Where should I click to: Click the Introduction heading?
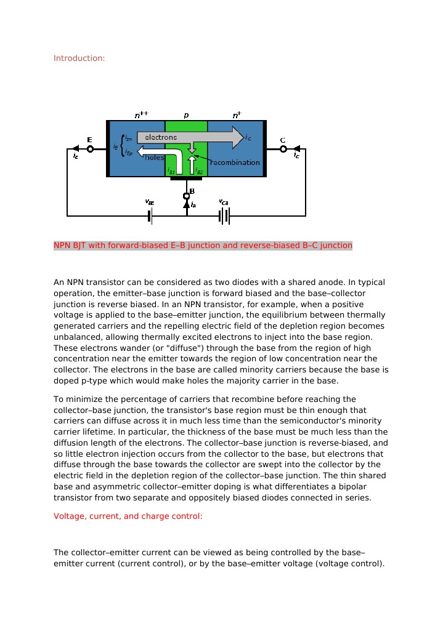(79, 58)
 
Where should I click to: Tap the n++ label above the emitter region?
(142, 115)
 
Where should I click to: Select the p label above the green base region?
(186, 115)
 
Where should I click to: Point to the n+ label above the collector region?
(237, 115)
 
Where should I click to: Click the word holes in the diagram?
(154, 158)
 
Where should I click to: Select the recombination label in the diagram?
(235, 163)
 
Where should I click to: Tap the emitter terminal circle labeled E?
(90, 148)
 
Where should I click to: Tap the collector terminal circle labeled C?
(283, 148)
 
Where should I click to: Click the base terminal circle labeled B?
(187, 196)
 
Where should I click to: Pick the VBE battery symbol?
(150, 216)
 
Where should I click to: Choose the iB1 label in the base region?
(171, 172)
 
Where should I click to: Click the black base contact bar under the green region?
(186, 179)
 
